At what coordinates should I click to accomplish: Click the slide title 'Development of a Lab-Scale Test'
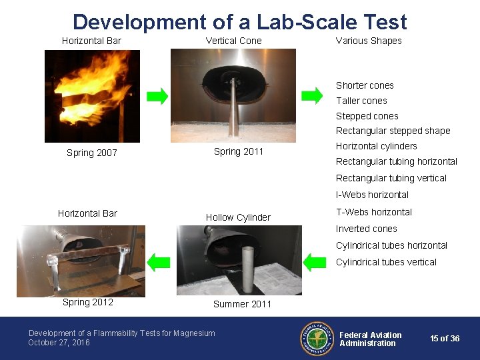[239, 22]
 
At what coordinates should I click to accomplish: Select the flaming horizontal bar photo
[92, 96]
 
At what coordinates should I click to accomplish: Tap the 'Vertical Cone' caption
[233, 41]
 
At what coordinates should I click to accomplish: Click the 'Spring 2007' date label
[92, 153]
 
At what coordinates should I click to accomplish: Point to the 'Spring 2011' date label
[239, 151]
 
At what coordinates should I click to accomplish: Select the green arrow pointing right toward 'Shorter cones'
[311, 95]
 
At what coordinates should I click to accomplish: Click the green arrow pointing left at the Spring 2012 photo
[158, 261]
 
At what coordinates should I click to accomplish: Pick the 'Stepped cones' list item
[367, 116]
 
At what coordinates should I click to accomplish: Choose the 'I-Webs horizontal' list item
[372, 195]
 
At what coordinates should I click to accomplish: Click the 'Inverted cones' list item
[366, 229]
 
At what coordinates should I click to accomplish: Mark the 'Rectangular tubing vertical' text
[391, 178]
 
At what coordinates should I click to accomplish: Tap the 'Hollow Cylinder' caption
[238, 217]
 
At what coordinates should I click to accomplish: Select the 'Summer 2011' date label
[242, 304]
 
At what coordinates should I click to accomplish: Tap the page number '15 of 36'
[445, 339]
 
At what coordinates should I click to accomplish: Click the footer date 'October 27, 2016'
[59, 343]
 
